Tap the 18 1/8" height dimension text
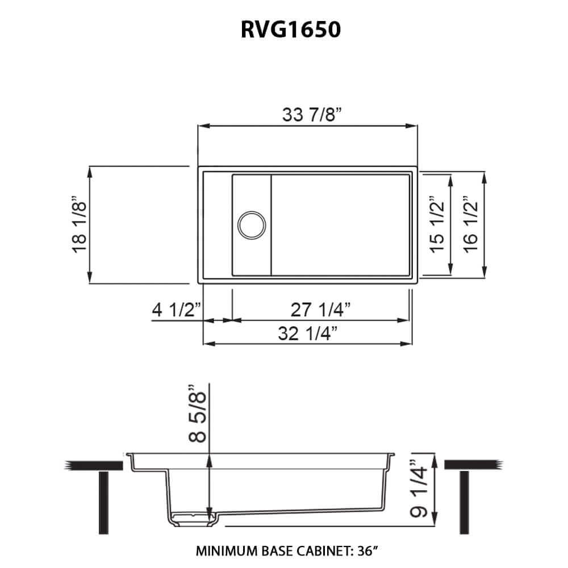click(x=79, y=224)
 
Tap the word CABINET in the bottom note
click(x=320, y=550)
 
